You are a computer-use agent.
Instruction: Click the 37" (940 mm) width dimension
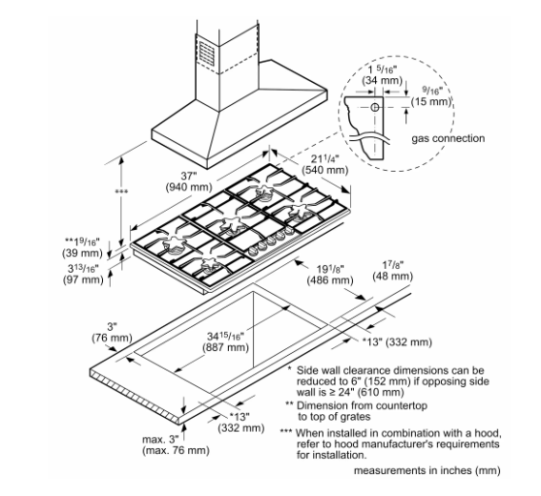pyautogui.click(x=188, y=181)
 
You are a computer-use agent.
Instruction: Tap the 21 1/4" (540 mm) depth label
pyautogui.click(x=324, y=164)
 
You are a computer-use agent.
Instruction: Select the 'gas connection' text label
pyautogui.click(x=447, y=138)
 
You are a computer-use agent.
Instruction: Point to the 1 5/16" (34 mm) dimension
pyautogui.click(x=382, y=74)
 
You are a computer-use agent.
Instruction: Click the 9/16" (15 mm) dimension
pyautogui.click(x=431, y=96)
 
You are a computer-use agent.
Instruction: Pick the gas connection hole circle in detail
pyautogui.click(x=375, y=107)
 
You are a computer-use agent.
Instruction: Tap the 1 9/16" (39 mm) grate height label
pyautogui.click(x=82, y=247)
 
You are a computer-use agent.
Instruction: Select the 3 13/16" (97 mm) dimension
pyautogui.click(x=83, y=274)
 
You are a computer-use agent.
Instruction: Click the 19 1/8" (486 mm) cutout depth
pyautogui.click(x=330, y=275)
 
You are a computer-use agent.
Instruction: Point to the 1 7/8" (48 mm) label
pyautogui.click(x=393, y=271)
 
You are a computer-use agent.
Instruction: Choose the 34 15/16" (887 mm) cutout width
pyautogui.click(x=225, y=341)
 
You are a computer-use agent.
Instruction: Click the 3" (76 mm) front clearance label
pyautogui.click(x=112, y=332)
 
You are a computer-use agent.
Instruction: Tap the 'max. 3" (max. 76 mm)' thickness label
pyautogui.click(x=176, y=444)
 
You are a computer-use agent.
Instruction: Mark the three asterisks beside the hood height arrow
pyautogui.click(x=121, y=192)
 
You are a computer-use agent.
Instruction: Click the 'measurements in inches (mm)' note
pyautogui.click(x=427, y=470)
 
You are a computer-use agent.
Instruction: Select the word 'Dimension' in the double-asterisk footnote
pyautogui.click(x=322, y=405)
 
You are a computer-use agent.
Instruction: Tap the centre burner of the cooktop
pyautogui.click(x=234, y=224)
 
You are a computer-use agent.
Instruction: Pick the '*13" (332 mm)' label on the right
pyautogui.click(x=397, y=342)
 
